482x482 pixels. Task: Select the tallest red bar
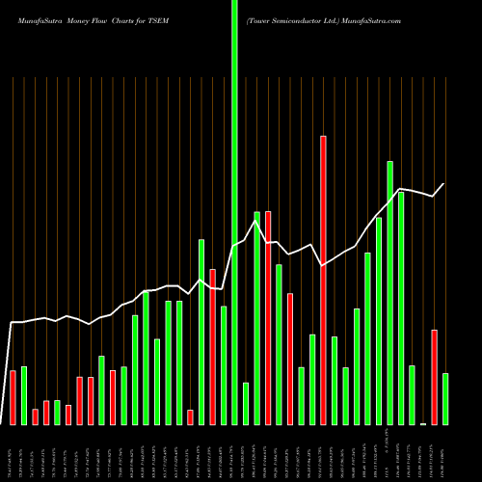323,280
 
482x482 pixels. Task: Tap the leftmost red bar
13,397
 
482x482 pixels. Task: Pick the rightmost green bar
445,399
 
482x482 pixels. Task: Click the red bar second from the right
434,377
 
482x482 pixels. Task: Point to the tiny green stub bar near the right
423,423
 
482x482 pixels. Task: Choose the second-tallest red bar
268,318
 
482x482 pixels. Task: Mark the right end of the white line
444,184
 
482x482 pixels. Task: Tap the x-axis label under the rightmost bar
445,453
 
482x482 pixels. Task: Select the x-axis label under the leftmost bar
13,453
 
